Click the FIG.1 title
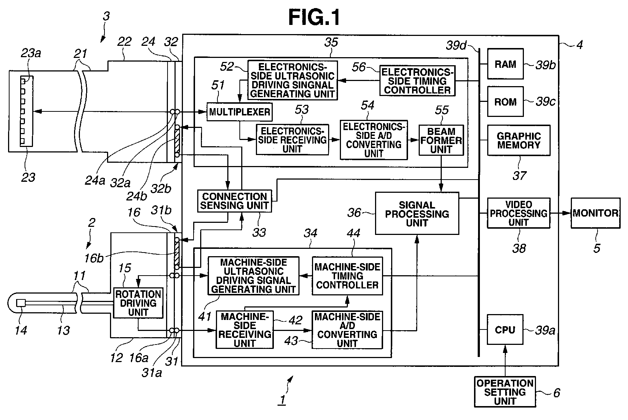pos(314,17)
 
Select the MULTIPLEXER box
pos(239,112)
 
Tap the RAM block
pos(505,64)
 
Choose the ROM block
pos(505,102)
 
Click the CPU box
pos(505,329)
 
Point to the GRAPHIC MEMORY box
pos(518,140)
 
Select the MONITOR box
pos(595,213)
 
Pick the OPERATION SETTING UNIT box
pos(504,392)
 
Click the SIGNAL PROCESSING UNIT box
pos(417,214)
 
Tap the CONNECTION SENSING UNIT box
pos(234,201)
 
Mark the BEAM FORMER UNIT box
pos(441,140)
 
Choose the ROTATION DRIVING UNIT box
pos(138,303)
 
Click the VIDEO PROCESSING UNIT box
pos(518,213)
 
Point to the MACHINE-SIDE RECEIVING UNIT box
pos(245,329)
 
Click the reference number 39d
pos(456,46)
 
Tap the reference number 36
pos(354,213)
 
